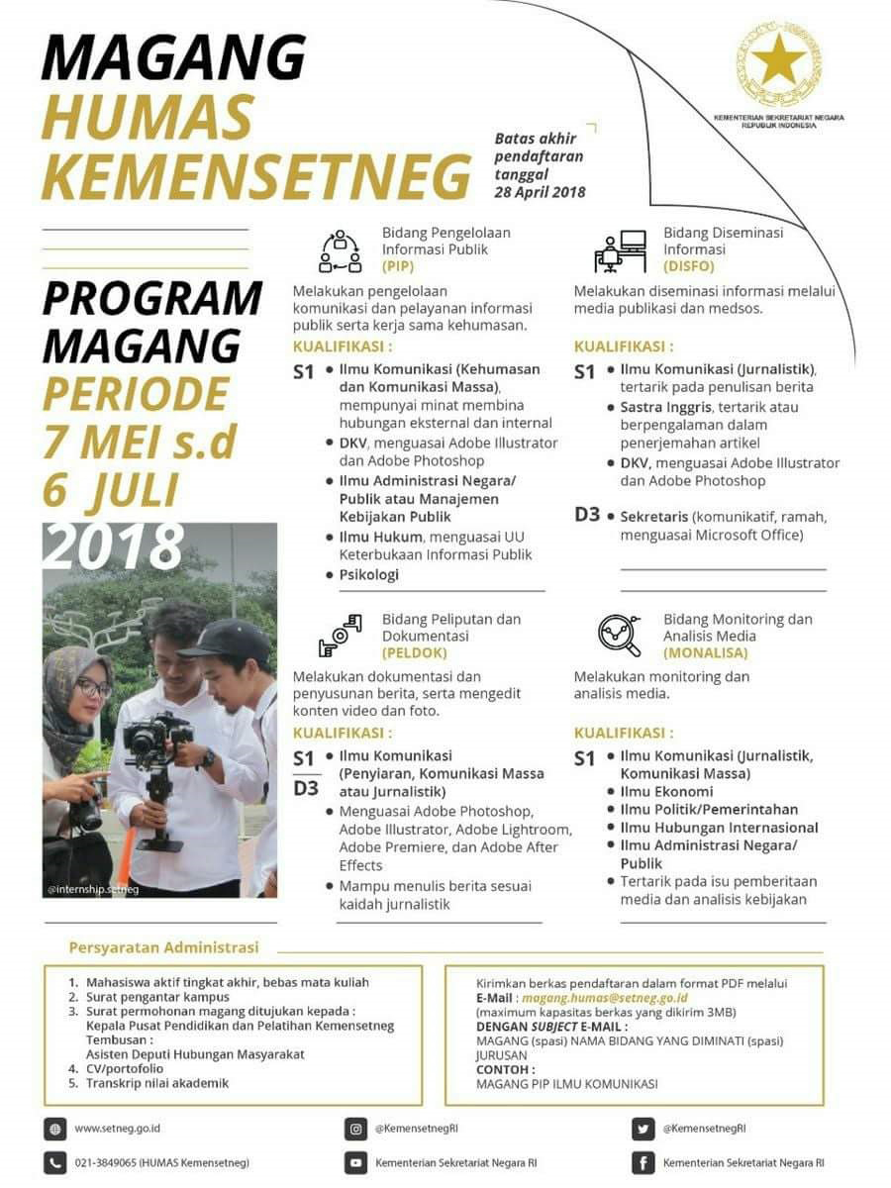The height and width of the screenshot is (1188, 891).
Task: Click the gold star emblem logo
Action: pyautogui.click(x=777, y=61)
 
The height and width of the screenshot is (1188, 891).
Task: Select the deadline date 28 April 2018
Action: pyautogui.click(x=540, y=192)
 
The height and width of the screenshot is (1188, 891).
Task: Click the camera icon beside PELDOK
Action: pyautogui.click(x=340, y=636)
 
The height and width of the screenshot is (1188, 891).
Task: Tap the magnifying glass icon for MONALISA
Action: pyautogui.click(x=620, y=636)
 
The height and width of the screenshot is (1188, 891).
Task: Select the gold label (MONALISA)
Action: pyautogui.click(x=706, y=653)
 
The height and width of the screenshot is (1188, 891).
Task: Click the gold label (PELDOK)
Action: pyautogui.click(x=414, y=653)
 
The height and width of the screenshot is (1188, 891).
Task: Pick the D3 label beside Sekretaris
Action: pyautogui.click(x=588, y=515)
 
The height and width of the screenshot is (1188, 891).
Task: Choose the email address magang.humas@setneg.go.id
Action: pyautogui.click(x=604, y=998)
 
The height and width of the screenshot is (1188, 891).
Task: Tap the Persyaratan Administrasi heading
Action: pyautogui.click(x=163, y=947)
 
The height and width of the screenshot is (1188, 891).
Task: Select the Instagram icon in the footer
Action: pyautogui.click(x=355, y=1128)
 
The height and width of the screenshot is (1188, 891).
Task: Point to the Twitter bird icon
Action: pyautogui.click(x=643, y=1128)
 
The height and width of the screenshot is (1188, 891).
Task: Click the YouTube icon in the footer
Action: pyautogui.click(x=355, y=1162)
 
